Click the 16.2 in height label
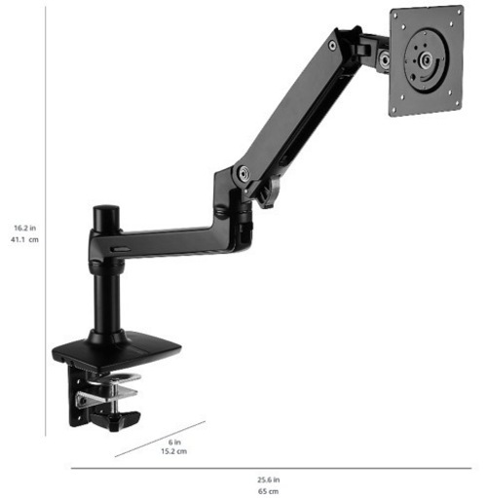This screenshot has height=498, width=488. pyautogui.click(x=24, y=228)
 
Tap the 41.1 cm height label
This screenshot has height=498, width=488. pyautogui.click(x=24, y=239)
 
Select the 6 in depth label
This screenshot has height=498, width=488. pyautogui.click(x=174, y=442)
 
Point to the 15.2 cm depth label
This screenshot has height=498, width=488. pyautogui.click(x=174, y=451)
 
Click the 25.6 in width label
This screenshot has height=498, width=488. pyautogui.click(x=269, y=480)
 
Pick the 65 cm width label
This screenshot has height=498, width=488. pyautogui.click(x=269, y=491)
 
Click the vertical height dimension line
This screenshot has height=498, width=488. pyautogui.click(x=46, y=222)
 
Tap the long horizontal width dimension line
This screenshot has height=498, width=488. pyautogui.click(x=271, y=468)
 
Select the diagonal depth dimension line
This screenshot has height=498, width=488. pyautogui.click(x=160, y=439)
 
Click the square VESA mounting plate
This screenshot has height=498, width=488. pyautogui.click(x=427, y=60)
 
